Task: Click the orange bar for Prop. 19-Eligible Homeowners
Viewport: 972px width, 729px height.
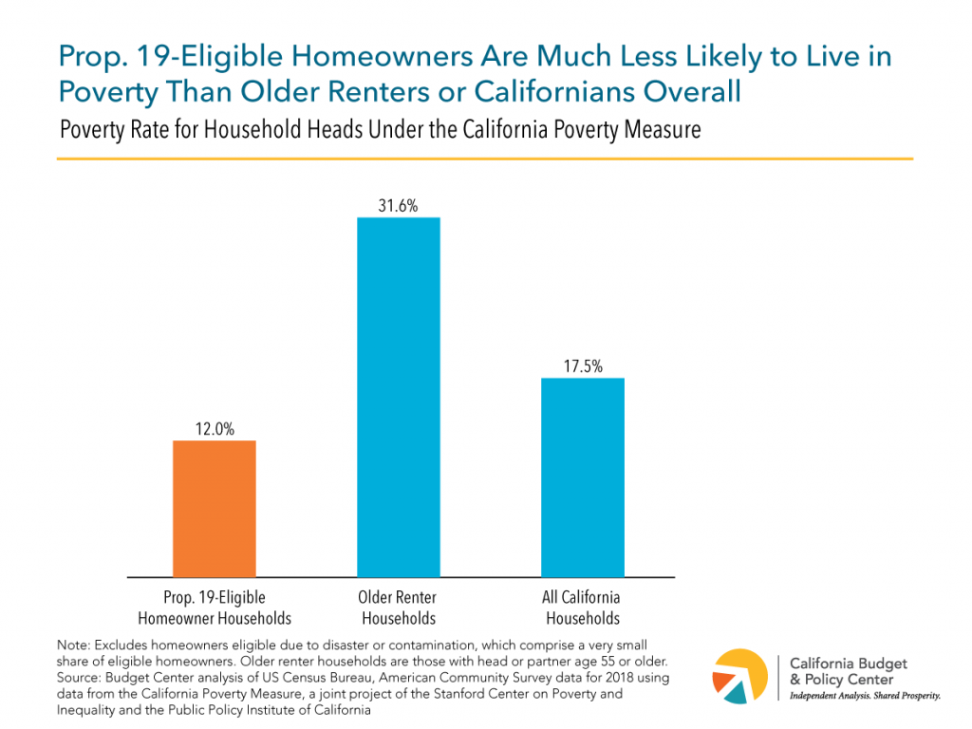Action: pyautogui.click(x=214, y=508)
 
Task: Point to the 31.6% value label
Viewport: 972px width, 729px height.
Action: pyautogui.click(x=398, y=204)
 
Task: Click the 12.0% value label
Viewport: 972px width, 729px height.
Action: pyautogui.click(x=214, y=427)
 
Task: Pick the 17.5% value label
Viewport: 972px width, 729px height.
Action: pyautogui.click(x=582, y=364)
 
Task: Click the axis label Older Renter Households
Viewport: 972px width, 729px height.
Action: pyautogui.click(x=398, y=607)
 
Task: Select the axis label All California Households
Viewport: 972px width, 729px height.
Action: pyautogui.click(x=582, y=607)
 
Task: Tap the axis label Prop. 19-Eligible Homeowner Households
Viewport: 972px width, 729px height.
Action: pyautogui.click(x=214, y=607)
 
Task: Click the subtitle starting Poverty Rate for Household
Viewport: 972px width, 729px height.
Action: pyautogui.click(x=380, y=129)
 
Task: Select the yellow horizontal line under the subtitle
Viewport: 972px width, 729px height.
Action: pyautogui.click(x=484, y=159)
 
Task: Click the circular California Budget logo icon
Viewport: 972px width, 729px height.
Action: pyautogui.click(x=744, y=677)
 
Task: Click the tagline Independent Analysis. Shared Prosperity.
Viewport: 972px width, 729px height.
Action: pyautogui.click(x=865, y=697)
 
